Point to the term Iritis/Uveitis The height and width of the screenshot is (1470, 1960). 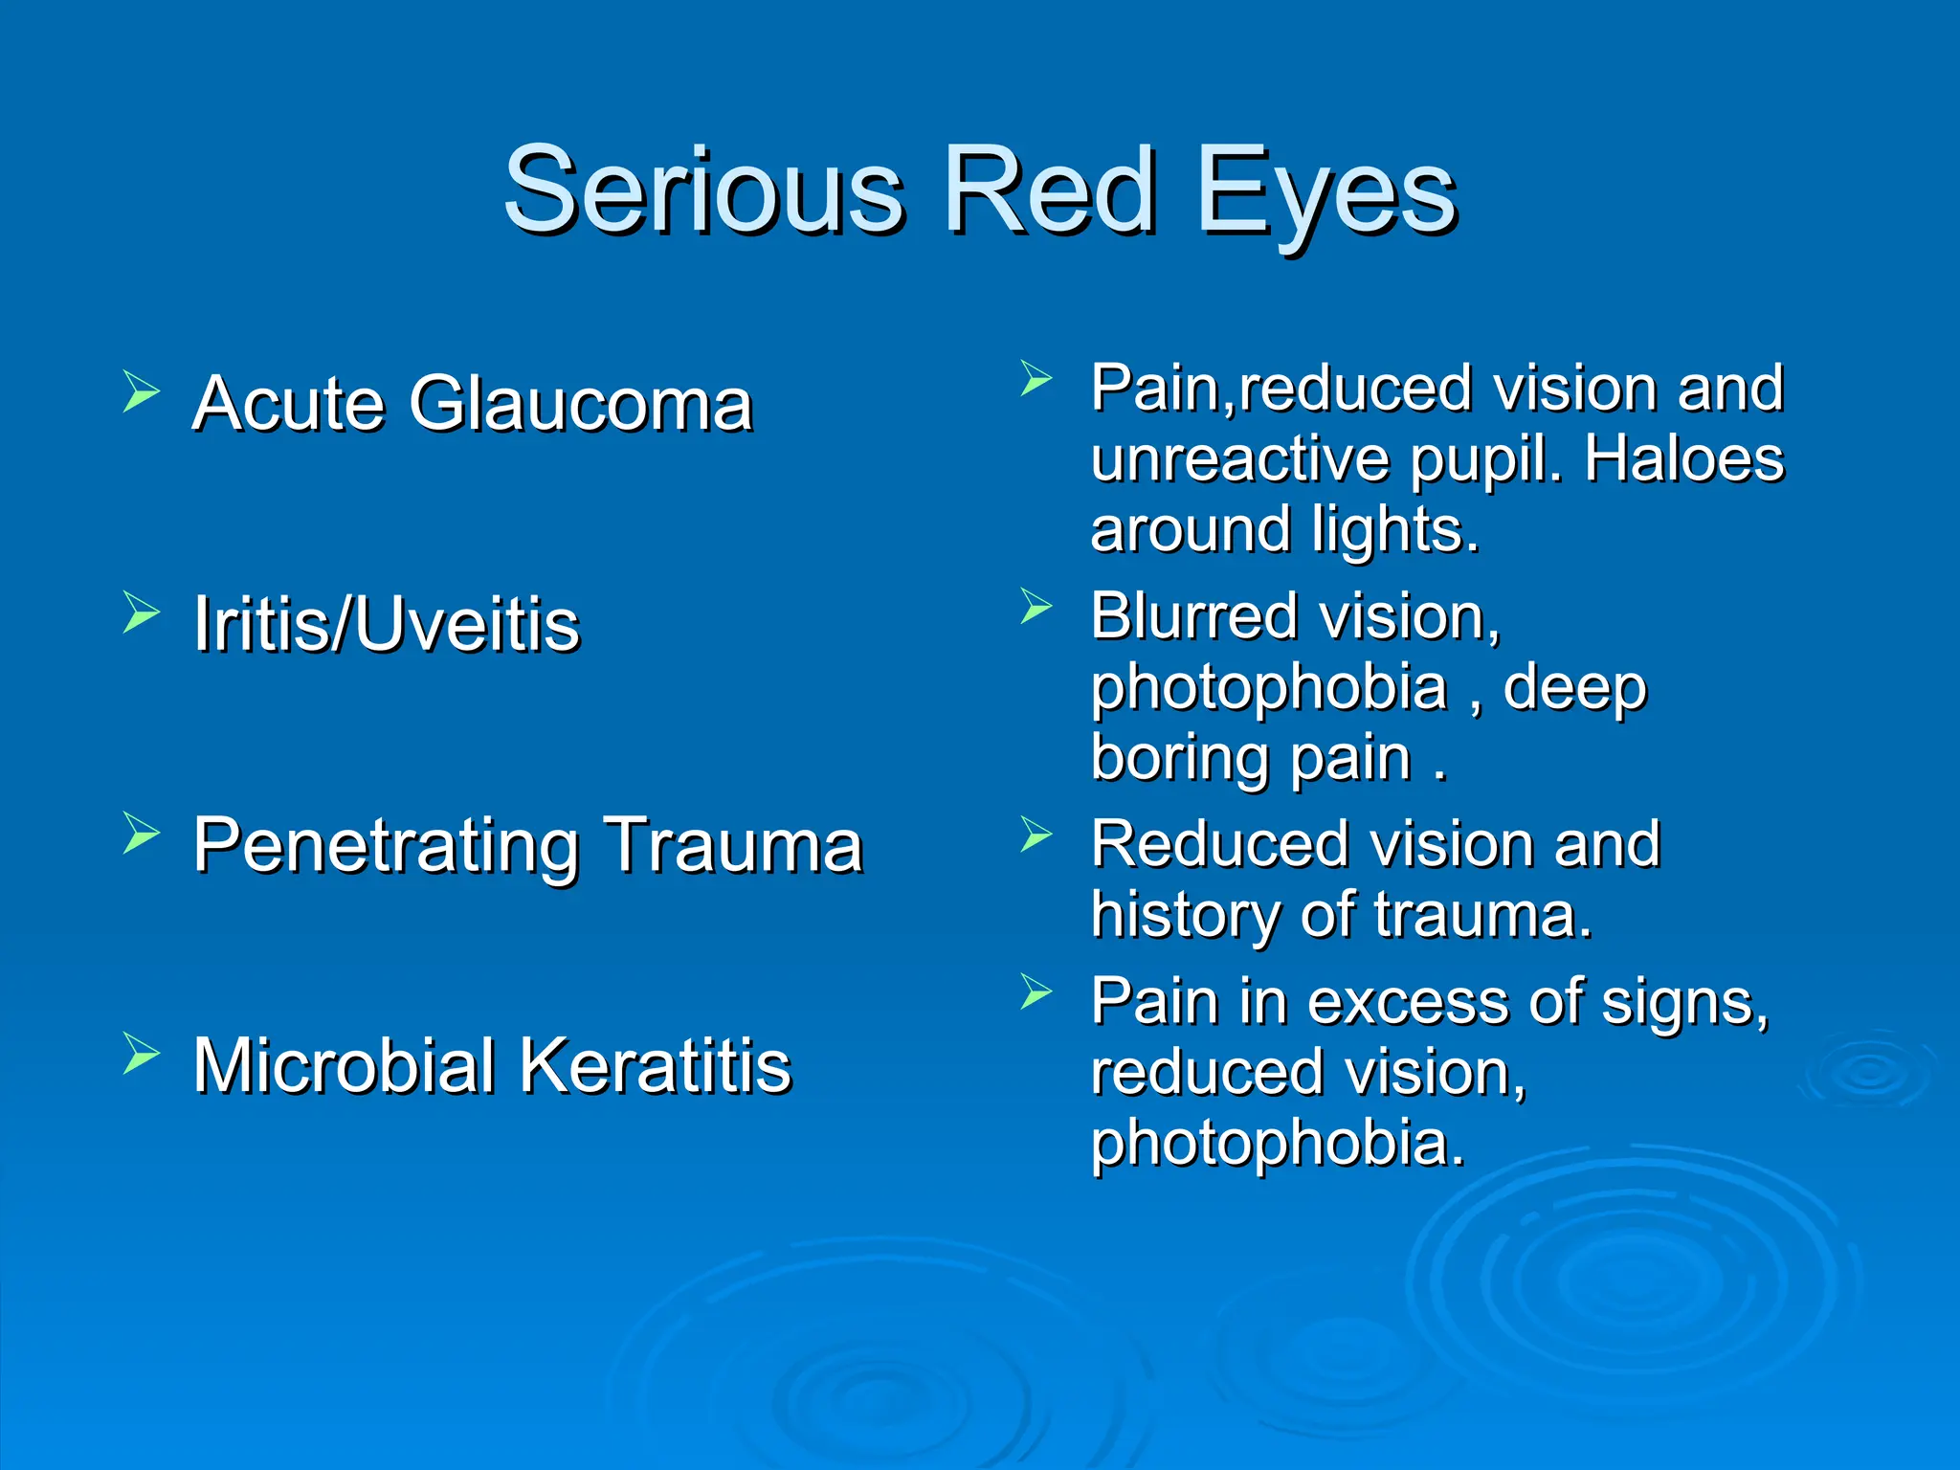tap(387, 624)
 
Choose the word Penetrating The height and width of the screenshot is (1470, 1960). tap(387, 847)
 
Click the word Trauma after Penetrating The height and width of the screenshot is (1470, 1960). tap(734, 845)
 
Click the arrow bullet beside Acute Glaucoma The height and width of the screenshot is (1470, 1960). tap(141, 391)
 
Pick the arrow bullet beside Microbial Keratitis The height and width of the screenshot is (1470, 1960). tap(141, 1054)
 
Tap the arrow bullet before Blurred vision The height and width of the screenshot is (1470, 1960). tap(1036, 606)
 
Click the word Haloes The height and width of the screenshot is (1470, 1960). tap(1683, 459)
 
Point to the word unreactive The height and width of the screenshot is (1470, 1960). tap(1239, 459)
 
